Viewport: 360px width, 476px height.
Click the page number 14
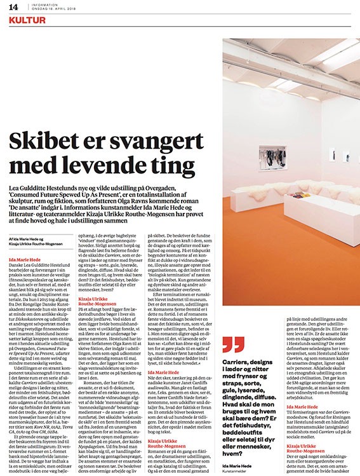point(13,7)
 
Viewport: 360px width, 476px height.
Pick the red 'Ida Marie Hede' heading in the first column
point(28,261)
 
